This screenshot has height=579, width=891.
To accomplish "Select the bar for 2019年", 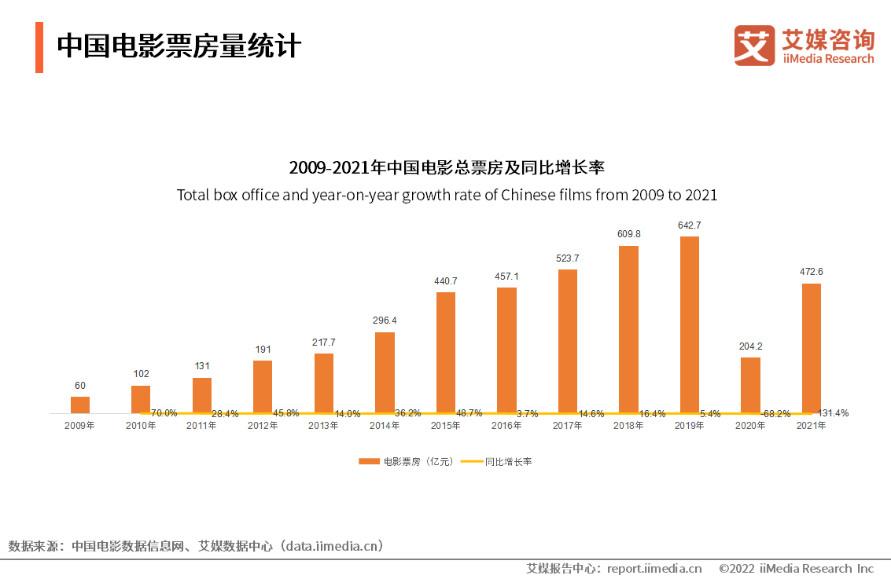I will [689, 324].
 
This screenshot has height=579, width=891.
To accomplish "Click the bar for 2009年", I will [80, 405].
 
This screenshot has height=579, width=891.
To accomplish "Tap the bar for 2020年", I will [750, 385].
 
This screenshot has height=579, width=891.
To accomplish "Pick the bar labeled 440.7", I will [446, 352].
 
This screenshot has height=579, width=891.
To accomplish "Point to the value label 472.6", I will [811, 272].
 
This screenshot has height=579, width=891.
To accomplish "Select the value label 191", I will [263, 349].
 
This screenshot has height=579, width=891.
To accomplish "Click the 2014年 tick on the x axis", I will [385, 426].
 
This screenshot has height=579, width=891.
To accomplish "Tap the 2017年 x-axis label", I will [568, 426].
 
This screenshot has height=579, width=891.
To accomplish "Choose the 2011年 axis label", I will [201, 426].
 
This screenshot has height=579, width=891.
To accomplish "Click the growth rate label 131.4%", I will [833, 413].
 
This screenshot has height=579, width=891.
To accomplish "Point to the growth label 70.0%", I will [164, 413].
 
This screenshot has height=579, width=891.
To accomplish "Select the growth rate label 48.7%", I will [469, 413].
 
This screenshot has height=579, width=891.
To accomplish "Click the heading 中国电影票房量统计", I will [179, 46].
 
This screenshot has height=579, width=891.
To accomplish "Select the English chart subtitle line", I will [447, 195].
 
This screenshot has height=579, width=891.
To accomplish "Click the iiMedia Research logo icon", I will [754, 46].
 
